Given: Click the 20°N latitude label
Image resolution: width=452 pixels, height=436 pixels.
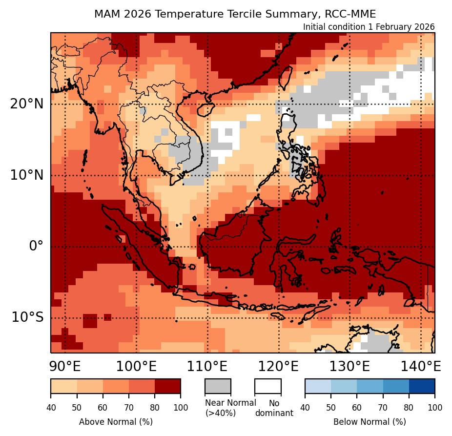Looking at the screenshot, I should click(26, 104).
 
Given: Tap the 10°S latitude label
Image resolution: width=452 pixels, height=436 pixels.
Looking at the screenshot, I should click(27, 317).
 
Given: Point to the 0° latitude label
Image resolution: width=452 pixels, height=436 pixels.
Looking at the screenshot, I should click(36, 246).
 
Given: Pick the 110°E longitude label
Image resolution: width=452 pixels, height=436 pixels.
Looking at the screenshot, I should click(207, 366).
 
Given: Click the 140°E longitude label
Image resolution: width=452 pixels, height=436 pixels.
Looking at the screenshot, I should click(421, 366).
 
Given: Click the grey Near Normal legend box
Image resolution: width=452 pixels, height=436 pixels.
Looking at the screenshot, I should click(218, 386).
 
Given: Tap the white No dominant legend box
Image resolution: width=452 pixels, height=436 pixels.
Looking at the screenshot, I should click(267, 386).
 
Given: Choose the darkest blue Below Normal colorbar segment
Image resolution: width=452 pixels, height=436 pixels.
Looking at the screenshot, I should click(421, 386).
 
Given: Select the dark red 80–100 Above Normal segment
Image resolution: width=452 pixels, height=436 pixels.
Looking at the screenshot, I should click(167, 386).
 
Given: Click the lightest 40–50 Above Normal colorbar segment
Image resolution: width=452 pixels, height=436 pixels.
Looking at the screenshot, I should click(63, 386).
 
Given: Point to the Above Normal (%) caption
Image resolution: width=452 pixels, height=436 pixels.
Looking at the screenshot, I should click(116, 422).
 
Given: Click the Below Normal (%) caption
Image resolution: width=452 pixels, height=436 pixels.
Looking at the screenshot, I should click(370, 422).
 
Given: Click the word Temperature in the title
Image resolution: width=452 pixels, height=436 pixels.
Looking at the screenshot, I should click(186, 14).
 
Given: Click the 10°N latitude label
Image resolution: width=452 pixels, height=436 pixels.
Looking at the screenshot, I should click(26, 175).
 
